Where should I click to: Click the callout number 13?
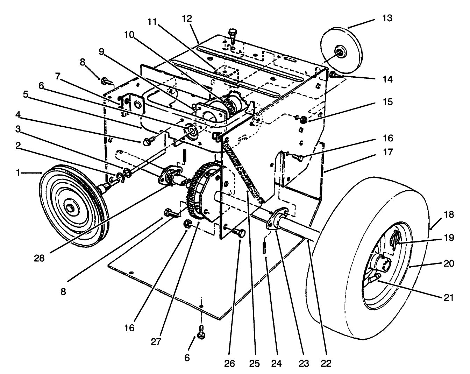coord(387,18)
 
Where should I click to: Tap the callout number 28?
coord(40,258)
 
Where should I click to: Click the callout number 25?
coord(255,363)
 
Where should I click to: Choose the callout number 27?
coord(156,341)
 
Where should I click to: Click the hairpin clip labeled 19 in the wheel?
coord(394,240)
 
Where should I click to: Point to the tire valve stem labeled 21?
coord(375,278)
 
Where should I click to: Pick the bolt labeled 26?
coord(240,232)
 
